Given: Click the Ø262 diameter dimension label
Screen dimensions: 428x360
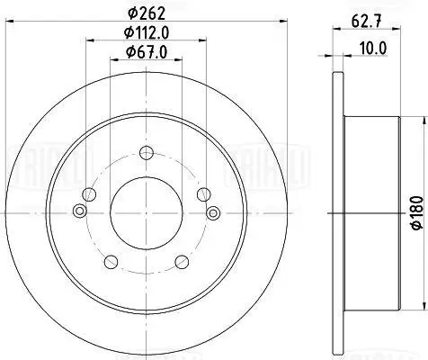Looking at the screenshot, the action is tap(147, 13).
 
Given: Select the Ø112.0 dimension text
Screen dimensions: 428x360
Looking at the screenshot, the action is tap(147, 32).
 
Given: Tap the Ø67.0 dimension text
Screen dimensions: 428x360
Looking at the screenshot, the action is tap(147, 52).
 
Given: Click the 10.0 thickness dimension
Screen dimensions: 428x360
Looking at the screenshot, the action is tap(372, 49).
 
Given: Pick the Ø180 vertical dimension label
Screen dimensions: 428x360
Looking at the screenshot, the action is tap(417, 213).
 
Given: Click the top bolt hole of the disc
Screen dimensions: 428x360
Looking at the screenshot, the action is tap(147, 153).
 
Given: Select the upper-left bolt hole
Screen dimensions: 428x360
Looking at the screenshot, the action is tap(89, 194).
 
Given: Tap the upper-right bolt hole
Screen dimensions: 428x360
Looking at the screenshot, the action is tap(204, 194).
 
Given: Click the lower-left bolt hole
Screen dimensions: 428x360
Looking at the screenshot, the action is tap(111, 262).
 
